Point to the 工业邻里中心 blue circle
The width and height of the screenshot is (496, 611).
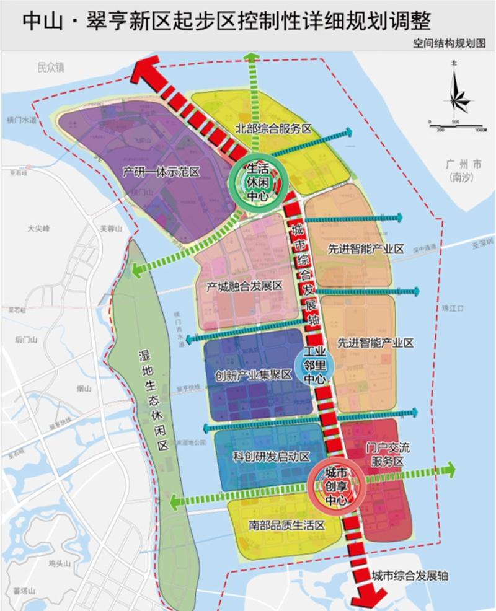coord(316,366)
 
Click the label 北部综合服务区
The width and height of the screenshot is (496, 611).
coord(273,129)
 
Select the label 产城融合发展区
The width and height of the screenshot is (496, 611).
coord(244,287)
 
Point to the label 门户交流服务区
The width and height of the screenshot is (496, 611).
coord(384,454)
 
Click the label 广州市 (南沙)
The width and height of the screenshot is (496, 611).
coord(463,171)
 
